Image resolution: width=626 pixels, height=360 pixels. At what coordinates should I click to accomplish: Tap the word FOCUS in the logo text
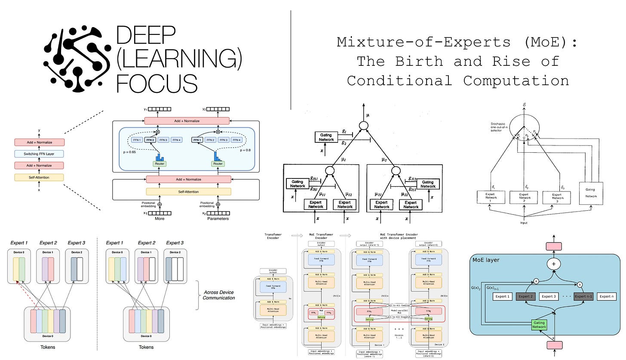coord(157,83)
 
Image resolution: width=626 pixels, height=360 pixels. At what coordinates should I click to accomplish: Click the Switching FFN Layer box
coord(39,154)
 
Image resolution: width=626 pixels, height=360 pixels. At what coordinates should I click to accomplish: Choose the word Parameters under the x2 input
coord(218,218)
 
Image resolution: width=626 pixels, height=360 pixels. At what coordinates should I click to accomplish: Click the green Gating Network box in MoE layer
coord(539,324)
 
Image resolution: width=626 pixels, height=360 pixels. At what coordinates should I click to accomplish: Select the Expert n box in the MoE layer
coord(607,296)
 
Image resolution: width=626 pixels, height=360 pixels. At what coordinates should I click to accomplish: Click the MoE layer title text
coord(486,260)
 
